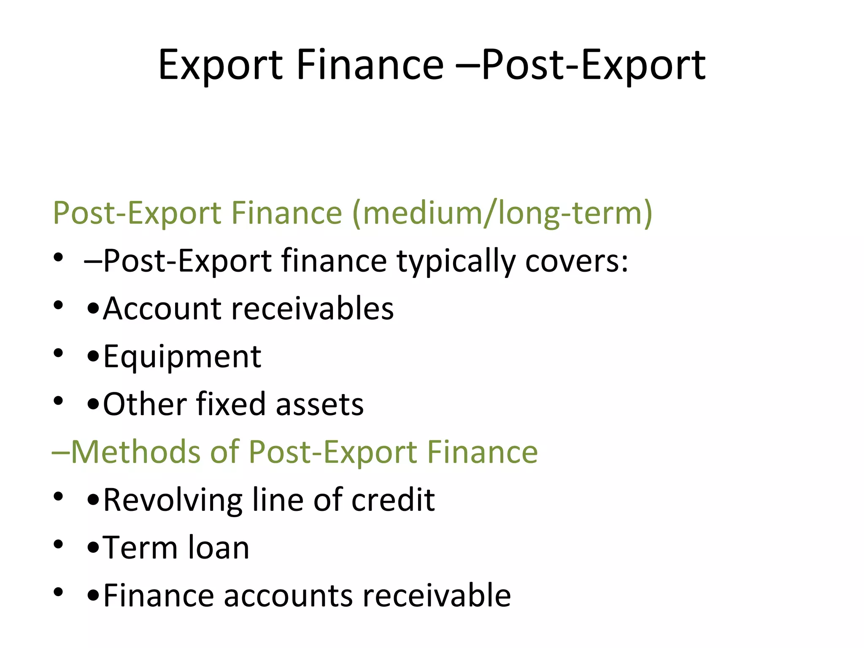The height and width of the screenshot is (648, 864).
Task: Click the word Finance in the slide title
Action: pos(370,65)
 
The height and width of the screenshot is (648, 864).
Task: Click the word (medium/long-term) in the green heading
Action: pos(502,213)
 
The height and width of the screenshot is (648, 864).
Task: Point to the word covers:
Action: pos(577,261)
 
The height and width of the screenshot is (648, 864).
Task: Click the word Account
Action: pos(162,308)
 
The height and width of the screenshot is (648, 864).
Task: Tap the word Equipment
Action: pos(182,356)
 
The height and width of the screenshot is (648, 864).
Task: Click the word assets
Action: pos(319,404)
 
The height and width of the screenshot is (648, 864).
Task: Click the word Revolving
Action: pos(173,500)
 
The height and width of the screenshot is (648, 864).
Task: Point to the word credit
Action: pos(393,500)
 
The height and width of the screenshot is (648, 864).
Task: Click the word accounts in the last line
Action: pos(288,595)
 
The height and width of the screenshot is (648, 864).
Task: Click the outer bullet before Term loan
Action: pos(58,544)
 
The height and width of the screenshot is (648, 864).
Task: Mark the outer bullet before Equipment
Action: pos(58,353)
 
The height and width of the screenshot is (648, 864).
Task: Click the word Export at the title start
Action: pos(220,65)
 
